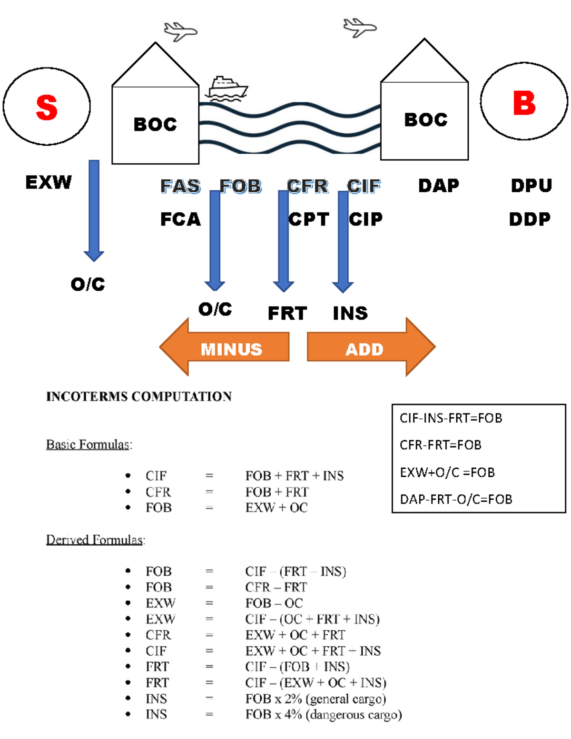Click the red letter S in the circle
(47, 107)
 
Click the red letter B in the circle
(524, 103)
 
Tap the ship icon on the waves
(227, 89)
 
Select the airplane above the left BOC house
(180, 31)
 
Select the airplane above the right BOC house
(360, 27)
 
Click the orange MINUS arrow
(225, 347)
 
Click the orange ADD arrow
(371, 347)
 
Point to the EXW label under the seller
(49, 182)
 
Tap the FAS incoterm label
(180, 186)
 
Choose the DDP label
(530, 219)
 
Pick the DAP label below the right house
(439, 186)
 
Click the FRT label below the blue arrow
(287, 313)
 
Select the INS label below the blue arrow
(350, 313)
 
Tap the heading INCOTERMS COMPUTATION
(139, 396)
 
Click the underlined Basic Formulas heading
(89, 444)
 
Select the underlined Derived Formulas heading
(95, 540)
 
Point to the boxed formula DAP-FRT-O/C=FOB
(456, 499)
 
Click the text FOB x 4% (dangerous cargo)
(324, 715)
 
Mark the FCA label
(180, 219)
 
